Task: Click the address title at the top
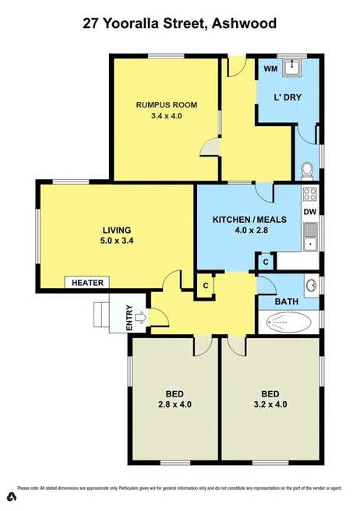pos(179,24)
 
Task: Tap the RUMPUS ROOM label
pos(165,104)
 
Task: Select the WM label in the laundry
pos(270,69)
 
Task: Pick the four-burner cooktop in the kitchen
pos(309,195)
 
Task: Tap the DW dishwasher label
pos(309,212)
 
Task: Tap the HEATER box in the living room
pos(88,283)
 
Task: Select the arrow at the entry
pos(140,317)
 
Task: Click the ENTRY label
pos(129,318)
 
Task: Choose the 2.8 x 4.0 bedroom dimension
pos(173,404)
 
